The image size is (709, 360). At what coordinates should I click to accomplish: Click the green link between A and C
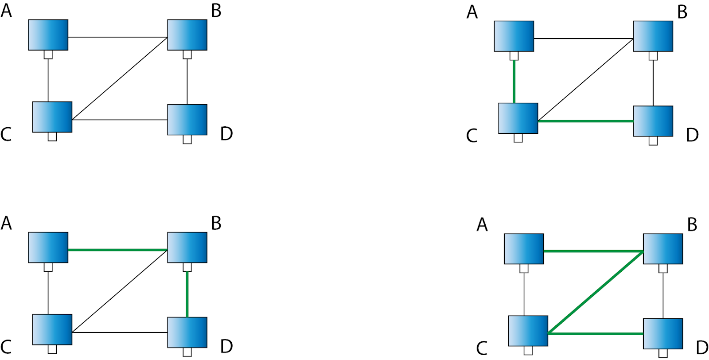(x=514, y=82)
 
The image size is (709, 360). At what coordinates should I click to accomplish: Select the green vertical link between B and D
(x=187, y=294)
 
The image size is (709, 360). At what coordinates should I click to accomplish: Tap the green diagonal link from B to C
(x=596, y=292)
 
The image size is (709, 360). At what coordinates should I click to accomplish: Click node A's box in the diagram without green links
(x=48, y=35)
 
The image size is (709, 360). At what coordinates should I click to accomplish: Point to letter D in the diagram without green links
(x=226, y=133)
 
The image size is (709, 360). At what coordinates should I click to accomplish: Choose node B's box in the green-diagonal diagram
(x=662, y=249)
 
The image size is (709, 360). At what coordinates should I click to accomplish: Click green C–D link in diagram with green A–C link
(x=585, y=121)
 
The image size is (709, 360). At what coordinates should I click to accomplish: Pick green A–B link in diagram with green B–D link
(x=117, y=250)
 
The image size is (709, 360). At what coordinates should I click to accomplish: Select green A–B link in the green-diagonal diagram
(x=593, y=251)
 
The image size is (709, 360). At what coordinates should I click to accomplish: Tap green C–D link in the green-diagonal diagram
(x=596, y=334)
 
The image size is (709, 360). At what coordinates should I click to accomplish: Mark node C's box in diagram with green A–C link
(x=518, y=118)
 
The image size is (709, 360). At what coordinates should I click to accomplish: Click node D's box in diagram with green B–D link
(x=187, y=332)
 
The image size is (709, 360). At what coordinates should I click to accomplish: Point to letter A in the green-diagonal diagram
(x=482, y=225)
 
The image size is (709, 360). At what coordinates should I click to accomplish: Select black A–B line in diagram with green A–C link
(x=583, y=39)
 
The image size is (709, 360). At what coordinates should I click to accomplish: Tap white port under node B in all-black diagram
(x=187, y=55)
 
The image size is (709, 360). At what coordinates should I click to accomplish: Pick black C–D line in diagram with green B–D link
(x=120, y=333)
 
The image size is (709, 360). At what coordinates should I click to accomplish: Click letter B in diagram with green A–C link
(x=682, y=12)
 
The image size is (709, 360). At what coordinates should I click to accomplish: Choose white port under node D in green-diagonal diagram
(x=663, y=353)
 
